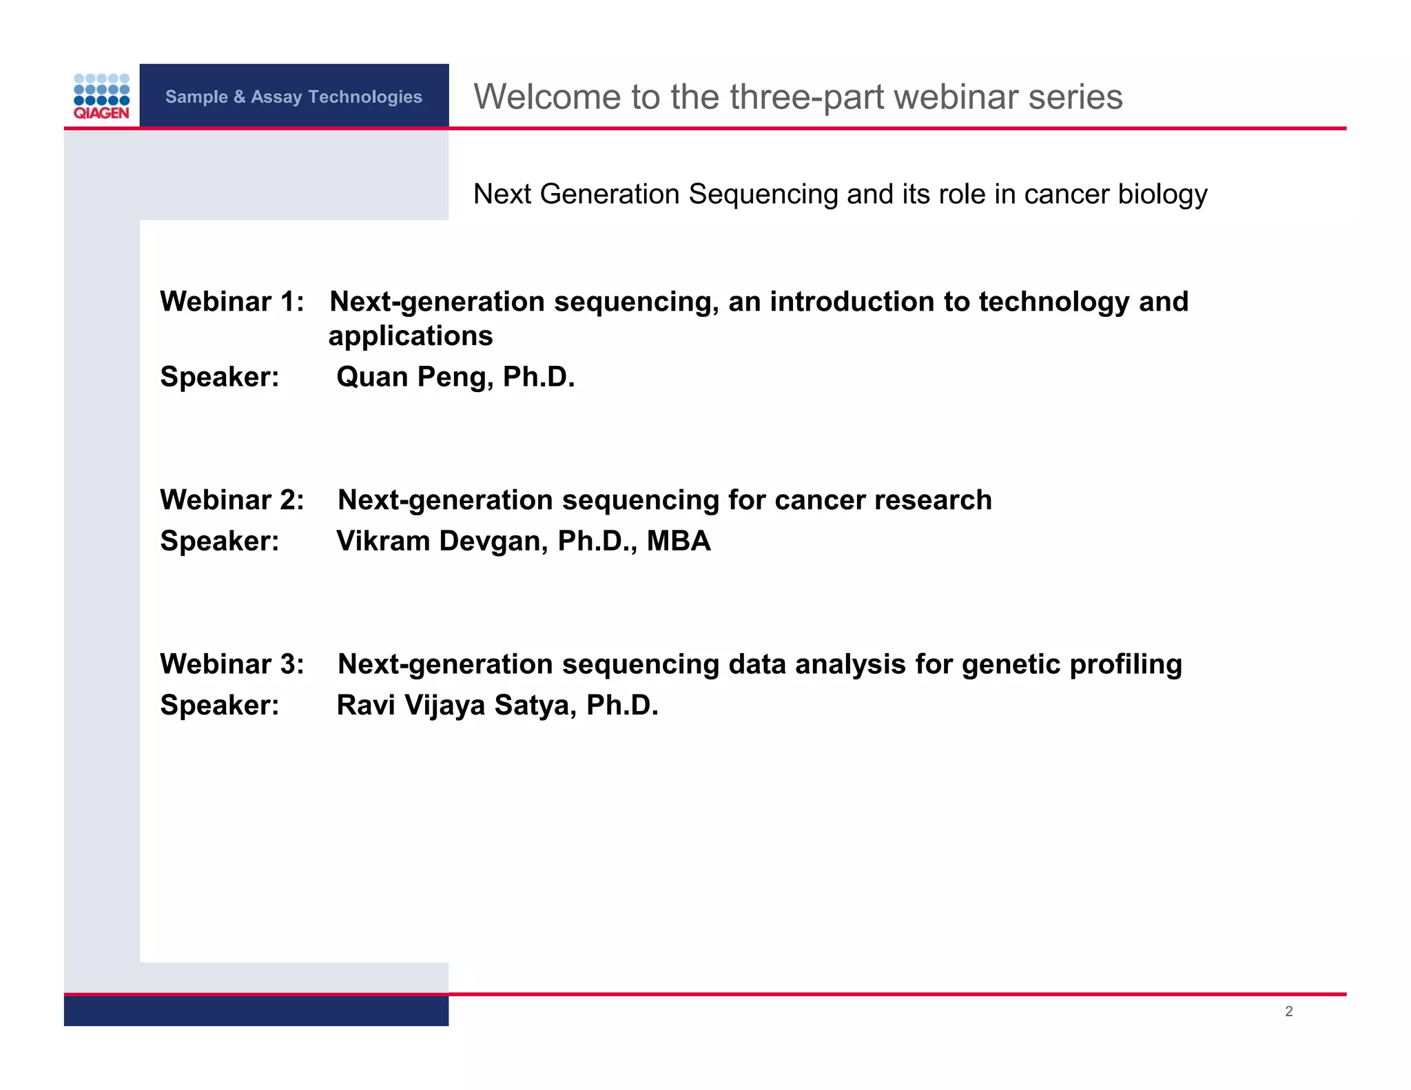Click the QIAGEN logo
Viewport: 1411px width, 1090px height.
pyautogui.click(x=101, y=96)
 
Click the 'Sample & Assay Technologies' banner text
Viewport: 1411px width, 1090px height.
pyautogui.click(x=293, y=96)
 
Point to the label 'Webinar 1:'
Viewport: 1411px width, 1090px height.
pyautogui.click(x=232, y=302)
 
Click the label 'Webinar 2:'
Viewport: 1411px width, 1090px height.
pyautogui.click(x=232, y=500)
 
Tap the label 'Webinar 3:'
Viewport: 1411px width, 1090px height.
pyautogui.click(x=232, y=664)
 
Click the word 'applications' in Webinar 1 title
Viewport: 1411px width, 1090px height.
pyautogui.click(x=411, y=336)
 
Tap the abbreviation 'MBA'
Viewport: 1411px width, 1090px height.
pyautogui.click(x=679, y=541)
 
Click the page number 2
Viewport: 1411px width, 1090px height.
pyautogui.click(x=1288, y=1011)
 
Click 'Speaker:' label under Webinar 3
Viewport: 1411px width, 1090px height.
pyautogui.click(x=220, y=706)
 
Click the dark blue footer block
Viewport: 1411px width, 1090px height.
pyautogui.click(x=256, y=1011)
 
